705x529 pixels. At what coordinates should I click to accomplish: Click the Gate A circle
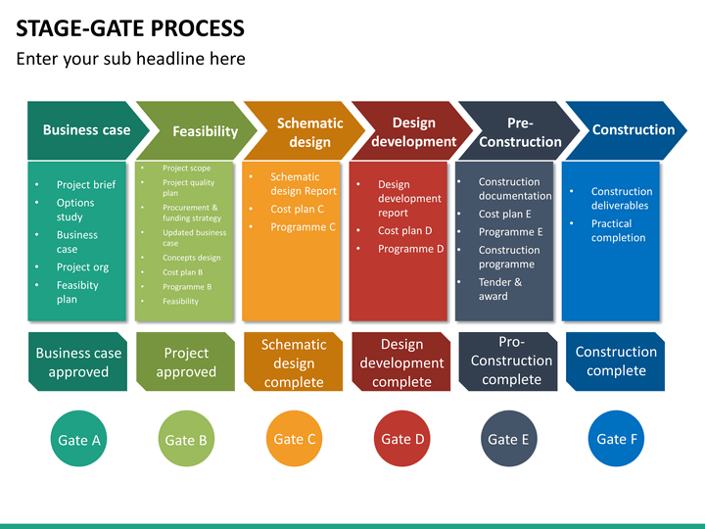tap(78, 439)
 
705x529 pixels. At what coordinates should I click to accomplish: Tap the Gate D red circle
tap(402, 439)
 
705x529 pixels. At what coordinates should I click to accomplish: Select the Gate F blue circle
tap(616, 439)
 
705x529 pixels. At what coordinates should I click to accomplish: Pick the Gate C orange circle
tap(294, 439)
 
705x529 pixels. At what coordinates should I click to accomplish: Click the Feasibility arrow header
tap(197, 130)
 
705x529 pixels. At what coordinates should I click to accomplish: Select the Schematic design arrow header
tap(305, 130)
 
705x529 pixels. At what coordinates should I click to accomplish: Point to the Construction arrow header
tap(627, 130)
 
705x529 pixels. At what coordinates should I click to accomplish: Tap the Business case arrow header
tap(88, 130)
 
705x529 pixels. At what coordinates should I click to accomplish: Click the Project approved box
tap(186, 361)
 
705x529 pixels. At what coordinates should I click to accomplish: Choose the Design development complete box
tap(401, 361)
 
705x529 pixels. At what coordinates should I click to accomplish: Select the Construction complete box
tap(616, 361)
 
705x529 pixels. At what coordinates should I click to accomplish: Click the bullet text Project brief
tap(86, 185)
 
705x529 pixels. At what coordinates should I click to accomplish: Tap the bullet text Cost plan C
tap(298, 210)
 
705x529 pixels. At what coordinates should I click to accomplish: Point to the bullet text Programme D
tap(411, 249)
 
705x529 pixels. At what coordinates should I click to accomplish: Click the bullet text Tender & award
tap(500, 289)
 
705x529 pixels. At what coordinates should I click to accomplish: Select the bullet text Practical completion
tap(618, 231)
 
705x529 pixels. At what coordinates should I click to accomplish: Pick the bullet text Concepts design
tap(192, 258)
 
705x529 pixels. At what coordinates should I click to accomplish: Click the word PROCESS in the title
tap(198, 28)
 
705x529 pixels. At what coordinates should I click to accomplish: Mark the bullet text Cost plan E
tap(504, 215)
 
